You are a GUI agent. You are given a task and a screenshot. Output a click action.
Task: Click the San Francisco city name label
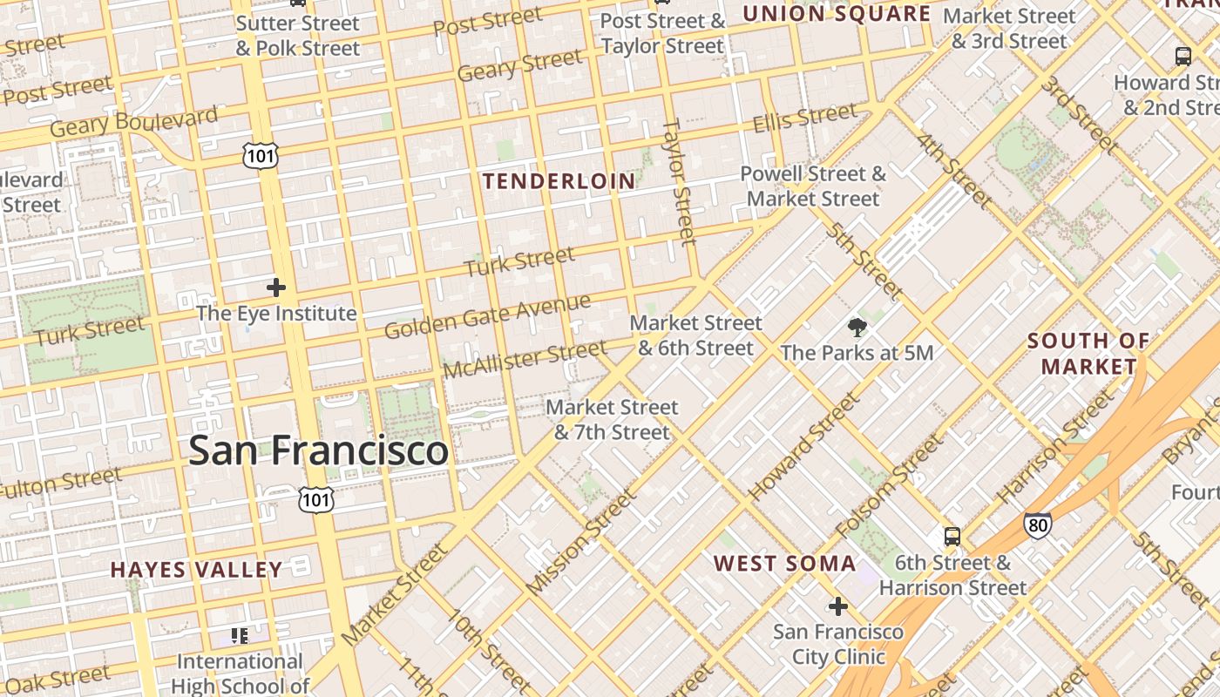(318, 450)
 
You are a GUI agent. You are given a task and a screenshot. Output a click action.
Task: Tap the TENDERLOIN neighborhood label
(559, 181)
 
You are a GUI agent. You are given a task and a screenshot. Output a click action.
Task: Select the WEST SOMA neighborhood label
(785, 564)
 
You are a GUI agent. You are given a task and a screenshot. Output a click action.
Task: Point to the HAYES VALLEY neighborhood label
(196, 571)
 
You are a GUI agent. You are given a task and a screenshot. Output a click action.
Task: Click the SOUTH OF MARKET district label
(1088, 353)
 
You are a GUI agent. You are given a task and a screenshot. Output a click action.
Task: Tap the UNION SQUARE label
(836, 14)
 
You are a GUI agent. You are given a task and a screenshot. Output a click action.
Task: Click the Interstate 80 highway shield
(1037, 524)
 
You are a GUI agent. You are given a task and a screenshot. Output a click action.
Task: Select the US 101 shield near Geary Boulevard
(261, 155)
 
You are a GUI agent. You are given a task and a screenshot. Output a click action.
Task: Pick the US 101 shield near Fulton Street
(315, 499)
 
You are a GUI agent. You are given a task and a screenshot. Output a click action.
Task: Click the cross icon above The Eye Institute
(276, 288)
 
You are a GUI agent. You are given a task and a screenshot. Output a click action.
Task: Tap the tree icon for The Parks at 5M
(857, 328)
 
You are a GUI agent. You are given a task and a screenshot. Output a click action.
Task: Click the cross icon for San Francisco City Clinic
(838, 606)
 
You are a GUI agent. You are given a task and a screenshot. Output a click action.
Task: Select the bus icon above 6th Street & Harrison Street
(952, 537)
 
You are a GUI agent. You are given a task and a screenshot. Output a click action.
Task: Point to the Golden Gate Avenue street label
(487, 317)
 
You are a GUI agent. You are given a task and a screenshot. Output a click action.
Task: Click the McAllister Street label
(525, 360)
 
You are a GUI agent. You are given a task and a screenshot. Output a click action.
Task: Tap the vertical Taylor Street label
(680, 181)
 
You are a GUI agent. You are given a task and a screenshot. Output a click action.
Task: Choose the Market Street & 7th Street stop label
(612, 419)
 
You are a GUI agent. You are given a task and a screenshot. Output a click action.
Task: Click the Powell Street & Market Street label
(813, 186)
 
